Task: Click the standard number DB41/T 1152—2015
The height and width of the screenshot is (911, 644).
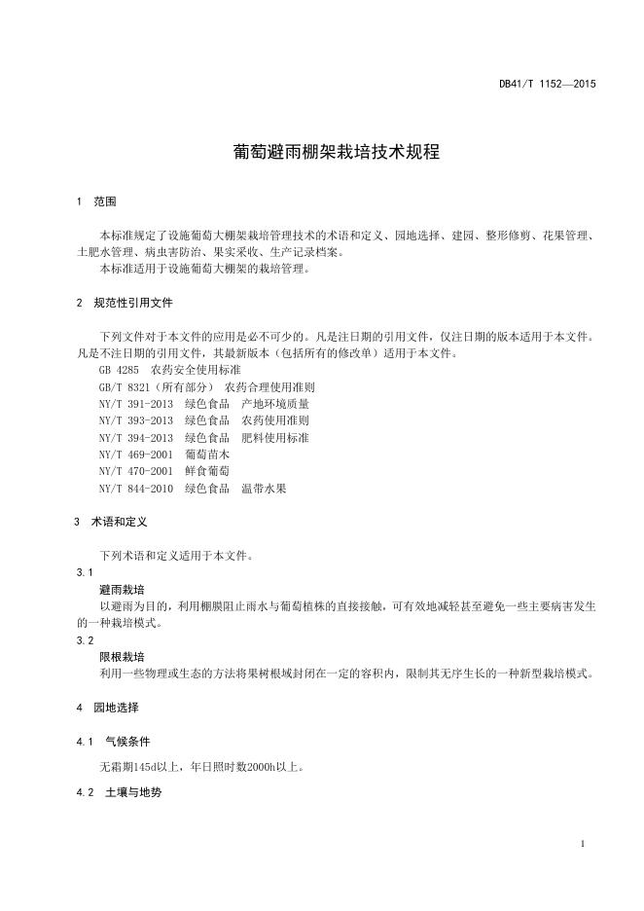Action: (547, 84)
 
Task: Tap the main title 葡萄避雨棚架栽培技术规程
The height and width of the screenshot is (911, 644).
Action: (322, 153)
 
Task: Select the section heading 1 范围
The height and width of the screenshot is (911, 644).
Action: (96, 202)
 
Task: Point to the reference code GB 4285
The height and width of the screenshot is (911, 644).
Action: (119, 371)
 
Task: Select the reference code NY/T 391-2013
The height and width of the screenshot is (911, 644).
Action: (135, 404)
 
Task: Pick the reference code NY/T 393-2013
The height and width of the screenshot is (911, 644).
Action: (135, 420)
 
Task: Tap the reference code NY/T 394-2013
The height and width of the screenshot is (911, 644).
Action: (135, 437)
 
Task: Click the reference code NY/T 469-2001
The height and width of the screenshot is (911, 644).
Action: (135, 454)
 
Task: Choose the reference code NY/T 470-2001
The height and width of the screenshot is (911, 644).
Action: (135, 470)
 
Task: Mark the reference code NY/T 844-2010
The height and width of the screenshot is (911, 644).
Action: (135, 488)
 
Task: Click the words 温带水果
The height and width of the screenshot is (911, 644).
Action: (264, 488)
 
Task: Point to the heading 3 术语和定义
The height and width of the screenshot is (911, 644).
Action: (111, 522)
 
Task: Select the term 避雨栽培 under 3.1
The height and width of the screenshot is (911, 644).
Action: (122, 590)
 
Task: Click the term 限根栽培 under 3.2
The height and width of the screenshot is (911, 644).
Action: (122, 657)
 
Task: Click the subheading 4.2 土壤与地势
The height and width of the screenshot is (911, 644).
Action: (119, 792)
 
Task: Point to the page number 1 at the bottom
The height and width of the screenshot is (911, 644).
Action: (582, 843)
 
